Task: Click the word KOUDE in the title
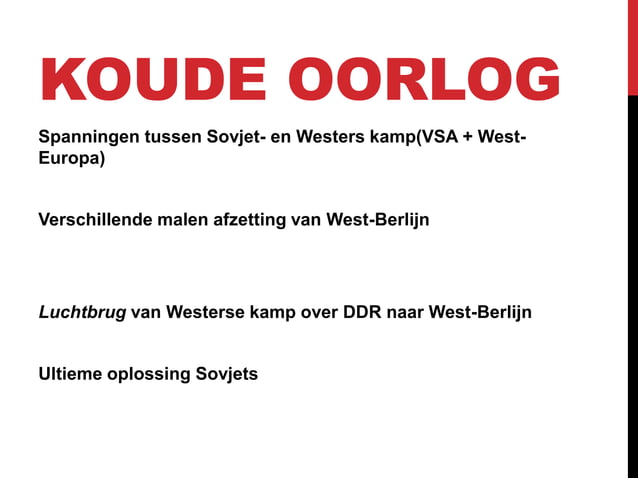[x=148, y=80]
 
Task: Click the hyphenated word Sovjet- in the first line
[x=231, y=136]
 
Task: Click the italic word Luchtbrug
[x=82, y=312]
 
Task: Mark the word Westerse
[x=203, y=312]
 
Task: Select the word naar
[x=405, y=312]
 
